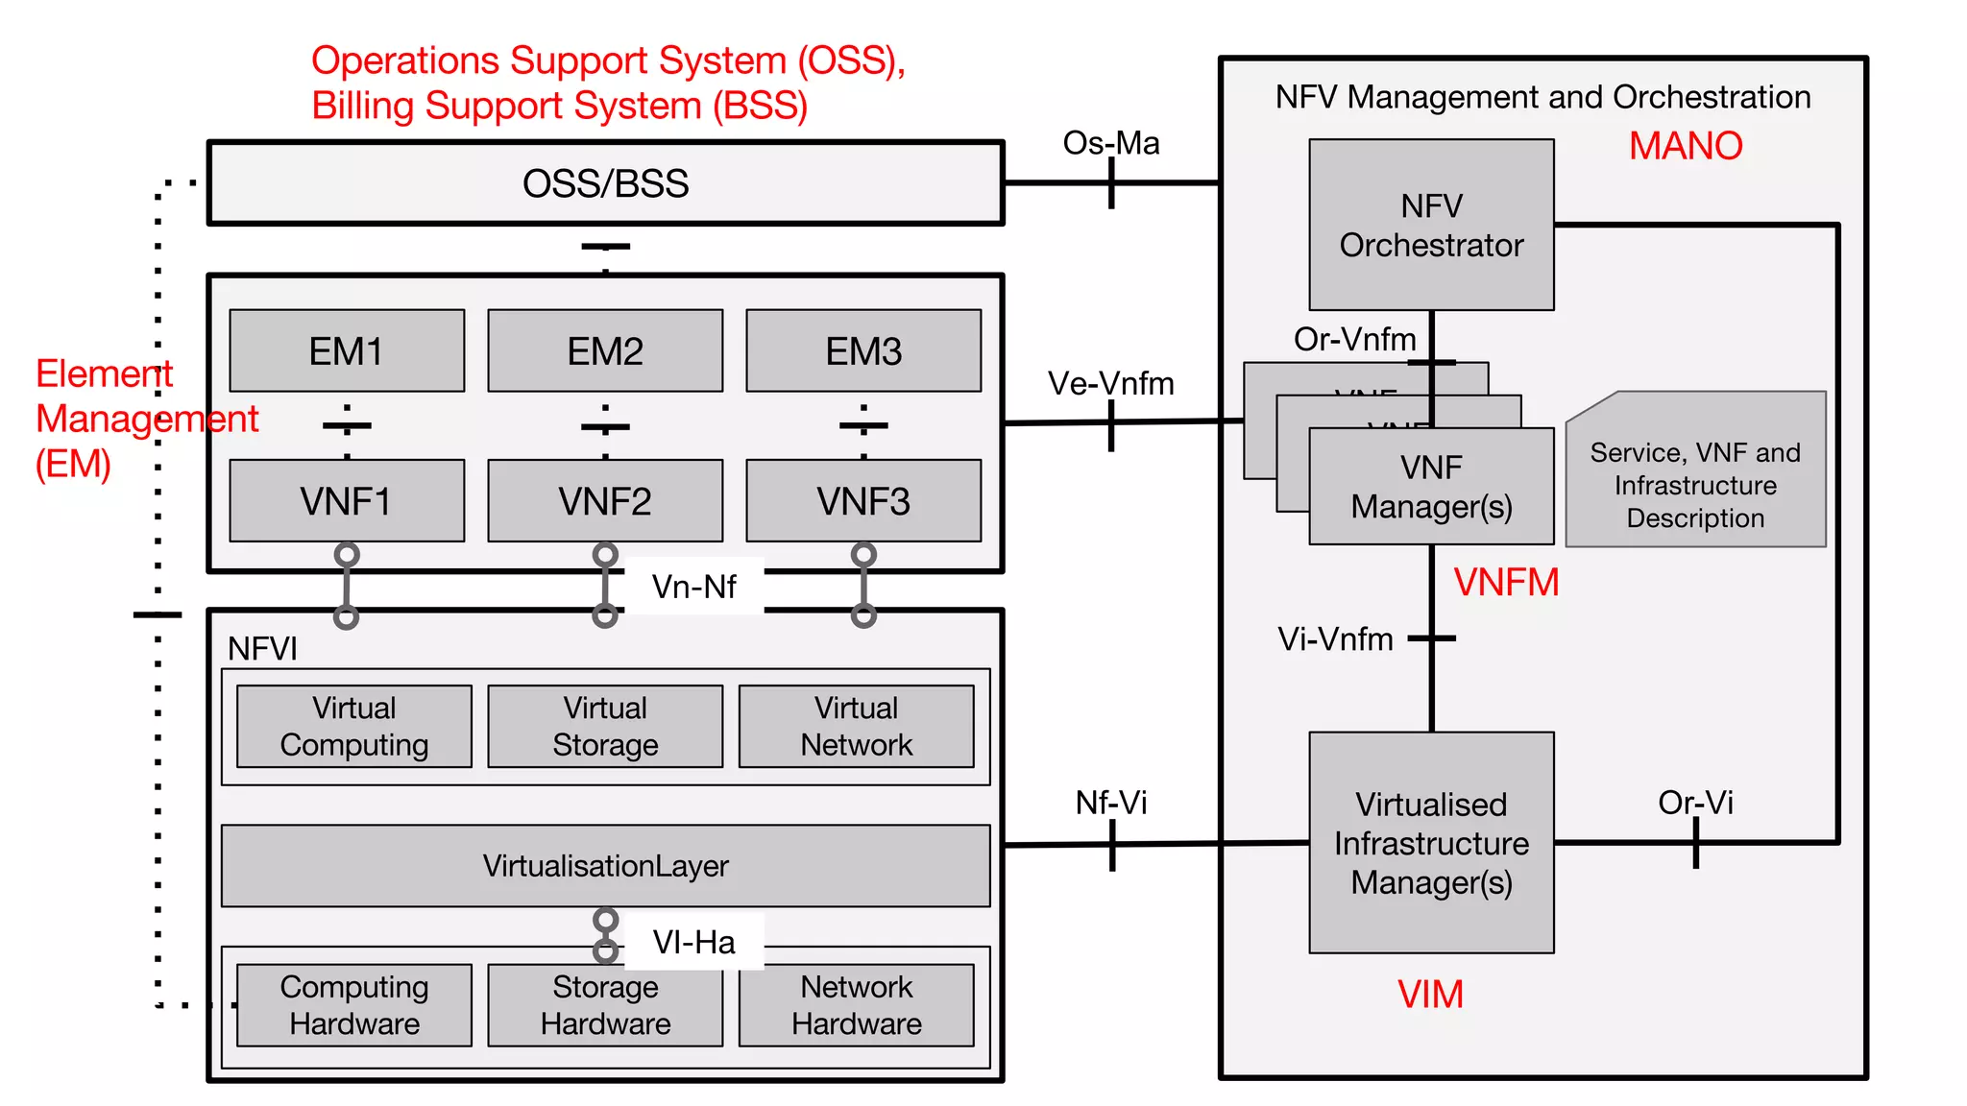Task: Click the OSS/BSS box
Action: pos(605,183)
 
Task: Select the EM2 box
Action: pos(605,350)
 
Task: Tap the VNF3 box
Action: pos(863,500)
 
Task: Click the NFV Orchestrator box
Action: pos(1431,226)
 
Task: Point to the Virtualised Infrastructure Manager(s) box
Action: pos(1431,842)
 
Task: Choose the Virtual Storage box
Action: pos(605,726)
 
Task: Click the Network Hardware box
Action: pos(856,1004)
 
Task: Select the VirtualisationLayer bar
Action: pos(605,865)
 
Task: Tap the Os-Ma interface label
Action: pos(1111,143)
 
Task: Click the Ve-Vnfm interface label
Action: pos(1111,383)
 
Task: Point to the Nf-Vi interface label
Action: pos(1111,802)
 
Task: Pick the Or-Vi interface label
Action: pos(1695,802)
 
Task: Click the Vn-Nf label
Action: pos(693,586)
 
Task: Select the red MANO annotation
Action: pos(1686,146)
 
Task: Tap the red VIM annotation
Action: pos(1430,994)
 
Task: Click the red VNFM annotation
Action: pos(1506,582)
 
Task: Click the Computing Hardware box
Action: pos(354,1004)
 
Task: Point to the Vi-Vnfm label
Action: pos(1335,638)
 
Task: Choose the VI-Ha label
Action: pos(693,941)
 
